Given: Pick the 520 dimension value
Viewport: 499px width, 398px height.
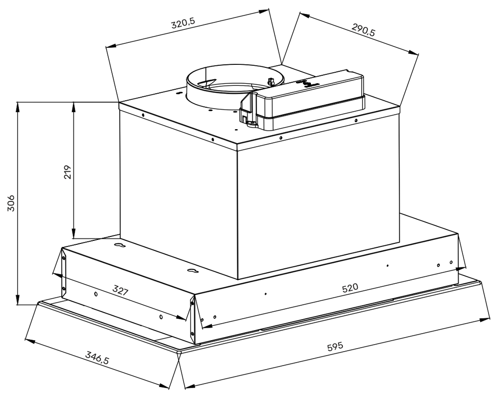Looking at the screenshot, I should [x=350, y=288].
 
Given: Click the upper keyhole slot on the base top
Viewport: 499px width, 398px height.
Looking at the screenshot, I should [x=119, y=245].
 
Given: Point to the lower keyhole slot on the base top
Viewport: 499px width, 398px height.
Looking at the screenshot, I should [x=193, y=271].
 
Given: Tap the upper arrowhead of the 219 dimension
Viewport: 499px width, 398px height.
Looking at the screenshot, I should [x=73, y=105].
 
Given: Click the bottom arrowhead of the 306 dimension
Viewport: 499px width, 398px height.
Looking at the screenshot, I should [x=18, y=301].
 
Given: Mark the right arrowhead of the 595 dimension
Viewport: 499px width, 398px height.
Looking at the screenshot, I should [x=488, y=319].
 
